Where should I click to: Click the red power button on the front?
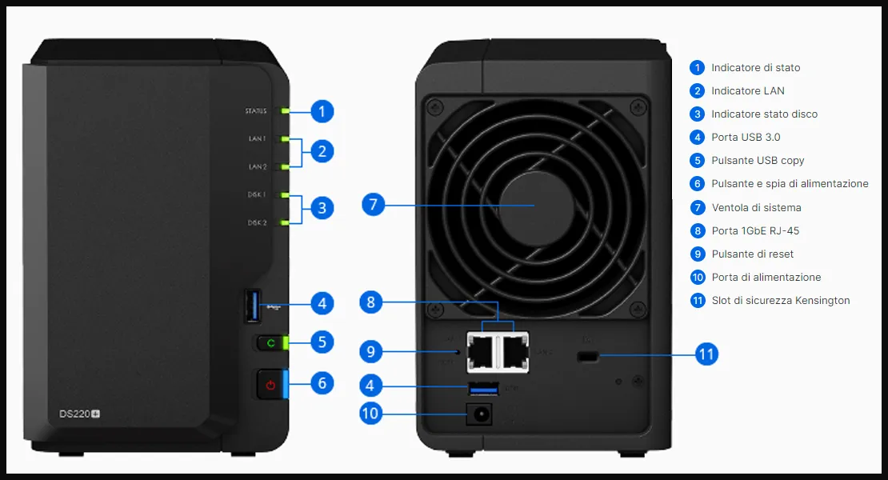(x=270, y=385)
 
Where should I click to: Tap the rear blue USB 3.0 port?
(x=482, y=389)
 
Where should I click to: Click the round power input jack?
(x=482, y=414)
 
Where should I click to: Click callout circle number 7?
(x=373, y=204)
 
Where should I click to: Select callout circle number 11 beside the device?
(x=706, y=354)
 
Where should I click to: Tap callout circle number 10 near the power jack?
(x=371, y=414)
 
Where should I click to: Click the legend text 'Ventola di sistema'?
(x=755, y=208)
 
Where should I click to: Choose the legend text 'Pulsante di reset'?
(x=752, y=254)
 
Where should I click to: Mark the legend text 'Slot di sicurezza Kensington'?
(x=780, y=301)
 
